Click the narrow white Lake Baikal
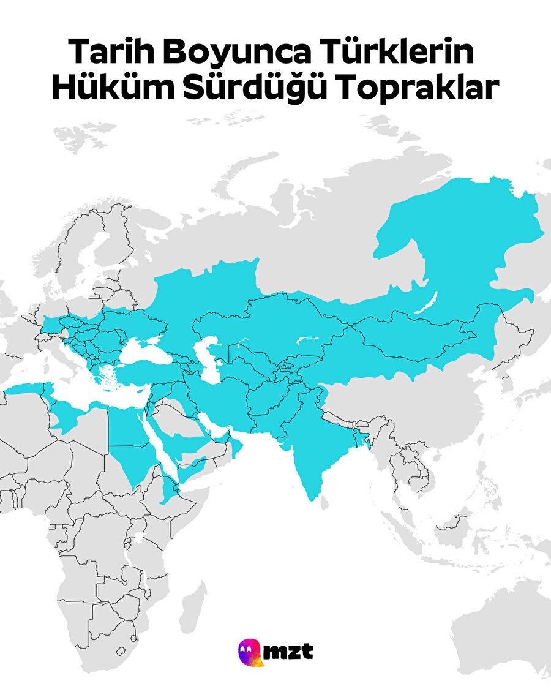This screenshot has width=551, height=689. point(427,304)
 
